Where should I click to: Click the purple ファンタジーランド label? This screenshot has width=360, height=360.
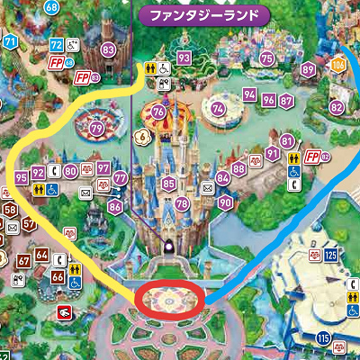pos(206,15)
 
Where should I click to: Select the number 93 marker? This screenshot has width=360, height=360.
pos(184,58)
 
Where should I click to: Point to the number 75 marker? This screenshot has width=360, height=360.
pos(266,58)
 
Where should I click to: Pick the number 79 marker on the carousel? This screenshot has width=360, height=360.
pos(96,130)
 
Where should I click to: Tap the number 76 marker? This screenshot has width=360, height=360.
pos(158,112)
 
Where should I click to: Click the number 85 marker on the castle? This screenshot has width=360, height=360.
pos(168,184)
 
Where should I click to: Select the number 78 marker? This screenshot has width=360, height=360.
pos(183,204)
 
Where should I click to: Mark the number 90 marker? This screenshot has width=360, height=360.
pos(225,202)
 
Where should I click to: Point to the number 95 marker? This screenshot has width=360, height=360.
pos(22,178)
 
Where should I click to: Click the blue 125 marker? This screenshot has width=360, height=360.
pos(330,256)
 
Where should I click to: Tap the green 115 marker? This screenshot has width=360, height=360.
pos(323,338)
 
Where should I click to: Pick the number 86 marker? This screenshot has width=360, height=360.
pos(114,207)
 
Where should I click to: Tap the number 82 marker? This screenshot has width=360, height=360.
pos(337,107)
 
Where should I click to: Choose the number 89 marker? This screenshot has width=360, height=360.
pos(308,69)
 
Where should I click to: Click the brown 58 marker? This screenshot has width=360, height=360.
pos(10,211)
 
